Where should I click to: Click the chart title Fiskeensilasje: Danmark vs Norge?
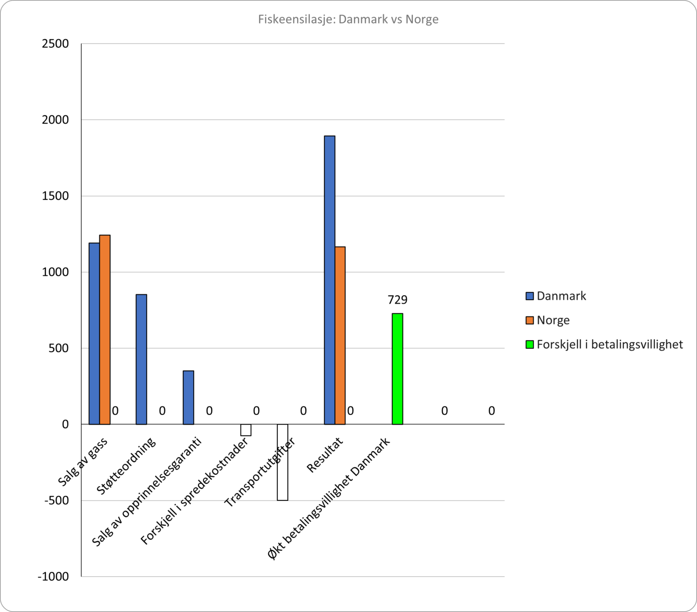(348, 20)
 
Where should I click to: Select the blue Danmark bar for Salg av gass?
(94, 334)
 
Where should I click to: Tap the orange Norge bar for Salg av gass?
(105, 330)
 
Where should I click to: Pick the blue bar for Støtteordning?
(141, 360)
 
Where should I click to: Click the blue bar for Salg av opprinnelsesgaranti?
(188, 398)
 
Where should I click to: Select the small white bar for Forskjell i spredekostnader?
(246, 430)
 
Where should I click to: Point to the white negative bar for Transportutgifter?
(282, 462)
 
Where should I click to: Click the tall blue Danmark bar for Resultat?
(329, 280)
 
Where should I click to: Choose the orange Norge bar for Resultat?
(340, 336)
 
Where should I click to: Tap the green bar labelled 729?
(398, 369)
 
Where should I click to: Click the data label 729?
(398, 300)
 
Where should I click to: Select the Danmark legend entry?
(556, 296)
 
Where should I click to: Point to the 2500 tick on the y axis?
(55, 44)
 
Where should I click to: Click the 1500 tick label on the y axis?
(55, 196)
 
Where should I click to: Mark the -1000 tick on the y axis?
(54, 577)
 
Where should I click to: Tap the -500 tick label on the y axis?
(56, 500)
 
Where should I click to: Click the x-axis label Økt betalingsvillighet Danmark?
(329, 498)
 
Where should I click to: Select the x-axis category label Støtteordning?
(126, 466)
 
